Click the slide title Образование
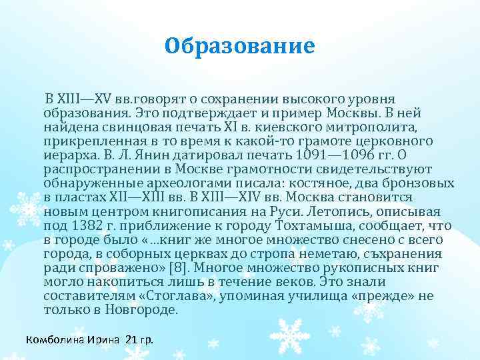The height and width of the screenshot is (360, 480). tap(239, 47)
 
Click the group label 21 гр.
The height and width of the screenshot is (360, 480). tap(139, 340)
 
